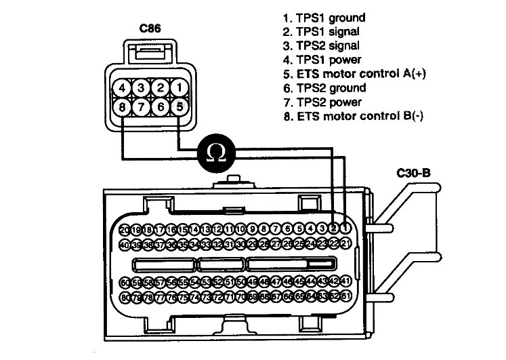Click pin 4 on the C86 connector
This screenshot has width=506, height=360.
[x=121, y=87]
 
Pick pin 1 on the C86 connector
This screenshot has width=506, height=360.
[x=178, y=87]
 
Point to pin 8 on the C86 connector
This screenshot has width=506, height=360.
[x=121, y=107]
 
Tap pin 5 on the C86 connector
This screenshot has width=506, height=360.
[x=178, y=107]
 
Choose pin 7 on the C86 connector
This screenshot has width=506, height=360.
[x=140, y=107]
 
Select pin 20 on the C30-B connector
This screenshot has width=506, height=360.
[x=125, y=230]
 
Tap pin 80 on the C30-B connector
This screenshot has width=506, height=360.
[x=125, y=297]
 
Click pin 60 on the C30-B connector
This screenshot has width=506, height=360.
[x=125, y=281]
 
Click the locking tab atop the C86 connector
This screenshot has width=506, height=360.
[x=150, y=49]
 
